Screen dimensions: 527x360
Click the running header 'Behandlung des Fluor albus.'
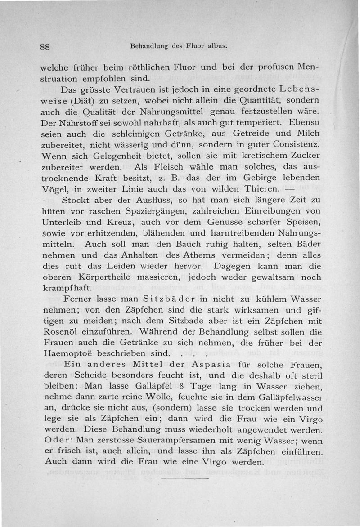(x=178, y=46)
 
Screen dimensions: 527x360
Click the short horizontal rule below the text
(x=185, y=478)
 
